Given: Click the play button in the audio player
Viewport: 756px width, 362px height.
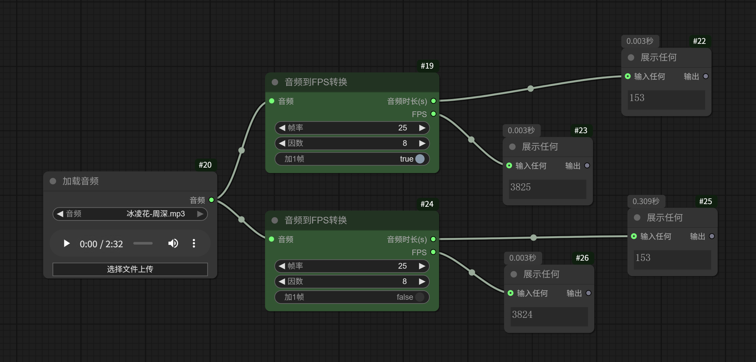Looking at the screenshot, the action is [x=67, y=243].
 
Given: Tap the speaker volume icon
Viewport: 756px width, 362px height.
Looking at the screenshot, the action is [x=173, y=243].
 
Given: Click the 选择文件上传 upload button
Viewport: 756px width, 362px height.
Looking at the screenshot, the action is [x=130, y=269].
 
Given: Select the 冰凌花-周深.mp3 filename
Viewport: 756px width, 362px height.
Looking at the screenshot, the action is [x=156, y=214].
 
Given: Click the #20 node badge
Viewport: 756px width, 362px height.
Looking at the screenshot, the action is [x=205, y=165].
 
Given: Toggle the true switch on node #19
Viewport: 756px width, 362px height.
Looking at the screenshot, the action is [x=420, y=159].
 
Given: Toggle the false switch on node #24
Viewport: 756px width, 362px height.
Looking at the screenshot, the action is [x=419, y=297].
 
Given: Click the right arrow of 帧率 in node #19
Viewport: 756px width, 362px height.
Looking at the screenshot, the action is [x=422, y=128].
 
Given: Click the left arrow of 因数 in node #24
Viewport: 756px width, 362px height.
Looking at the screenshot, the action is [x=282, y=281].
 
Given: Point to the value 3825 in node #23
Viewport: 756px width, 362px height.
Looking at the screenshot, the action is [x=520, y=187].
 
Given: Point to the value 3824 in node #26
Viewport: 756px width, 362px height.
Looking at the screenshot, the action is [x=522, y=314].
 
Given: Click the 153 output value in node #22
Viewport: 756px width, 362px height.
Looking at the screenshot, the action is [x=637, y=98].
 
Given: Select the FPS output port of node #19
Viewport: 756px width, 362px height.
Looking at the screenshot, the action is [x=433, y=114].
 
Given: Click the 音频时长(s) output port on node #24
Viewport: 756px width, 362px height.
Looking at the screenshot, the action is [x=433, y=239].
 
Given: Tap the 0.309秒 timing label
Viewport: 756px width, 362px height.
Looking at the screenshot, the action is [x=646, y=201].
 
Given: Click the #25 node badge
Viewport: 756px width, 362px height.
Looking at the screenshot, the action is [x=705, y=201].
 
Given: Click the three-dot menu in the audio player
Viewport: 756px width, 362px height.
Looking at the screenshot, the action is [x=194, y=243].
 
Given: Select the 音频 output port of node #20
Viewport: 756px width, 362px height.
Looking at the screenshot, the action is [x=212, y=200].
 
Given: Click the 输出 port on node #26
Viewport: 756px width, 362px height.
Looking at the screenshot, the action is [x=588, y=293].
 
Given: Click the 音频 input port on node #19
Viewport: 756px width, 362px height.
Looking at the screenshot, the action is [x=272, y=101].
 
